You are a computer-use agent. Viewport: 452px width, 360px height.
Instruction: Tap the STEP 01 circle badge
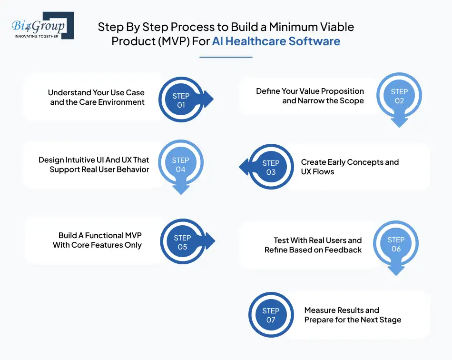(181, 100)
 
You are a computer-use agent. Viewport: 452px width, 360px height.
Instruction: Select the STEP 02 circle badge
(399, 96)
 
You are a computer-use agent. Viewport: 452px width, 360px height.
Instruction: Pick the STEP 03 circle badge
(271, 168)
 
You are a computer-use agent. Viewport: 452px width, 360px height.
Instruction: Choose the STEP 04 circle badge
(180, 165)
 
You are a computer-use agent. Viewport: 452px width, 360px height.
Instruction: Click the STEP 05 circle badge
(182, 242)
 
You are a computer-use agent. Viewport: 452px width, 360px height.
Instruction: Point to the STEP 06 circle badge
(396, 244)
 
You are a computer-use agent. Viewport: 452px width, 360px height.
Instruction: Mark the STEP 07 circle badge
(271, 315)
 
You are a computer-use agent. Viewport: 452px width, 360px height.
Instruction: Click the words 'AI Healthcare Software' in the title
(276, 41)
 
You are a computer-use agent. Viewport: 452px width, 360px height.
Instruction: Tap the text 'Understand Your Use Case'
(96, 92)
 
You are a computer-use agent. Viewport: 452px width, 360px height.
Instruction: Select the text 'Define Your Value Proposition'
(310, 91)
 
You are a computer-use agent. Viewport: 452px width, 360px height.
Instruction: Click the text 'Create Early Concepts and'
(350, 162)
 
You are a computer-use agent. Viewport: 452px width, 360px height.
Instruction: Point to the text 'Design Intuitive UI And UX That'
(94, 160)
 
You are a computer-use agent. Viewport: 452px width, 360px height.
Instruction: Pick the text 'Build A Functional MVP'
(100, 235)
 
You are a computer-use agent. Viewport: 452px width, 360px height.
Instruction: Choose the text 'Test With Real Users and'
(317, 240)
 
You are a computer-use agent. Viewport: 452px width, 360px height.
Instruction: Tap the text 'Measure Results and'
(342, 310)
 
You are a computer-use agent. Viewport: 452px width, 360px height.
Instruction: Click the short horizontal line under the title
(226, 57)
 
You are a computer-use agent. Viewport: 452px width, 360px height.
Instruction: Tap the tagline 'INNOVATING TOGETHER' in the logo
(36, 36)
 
